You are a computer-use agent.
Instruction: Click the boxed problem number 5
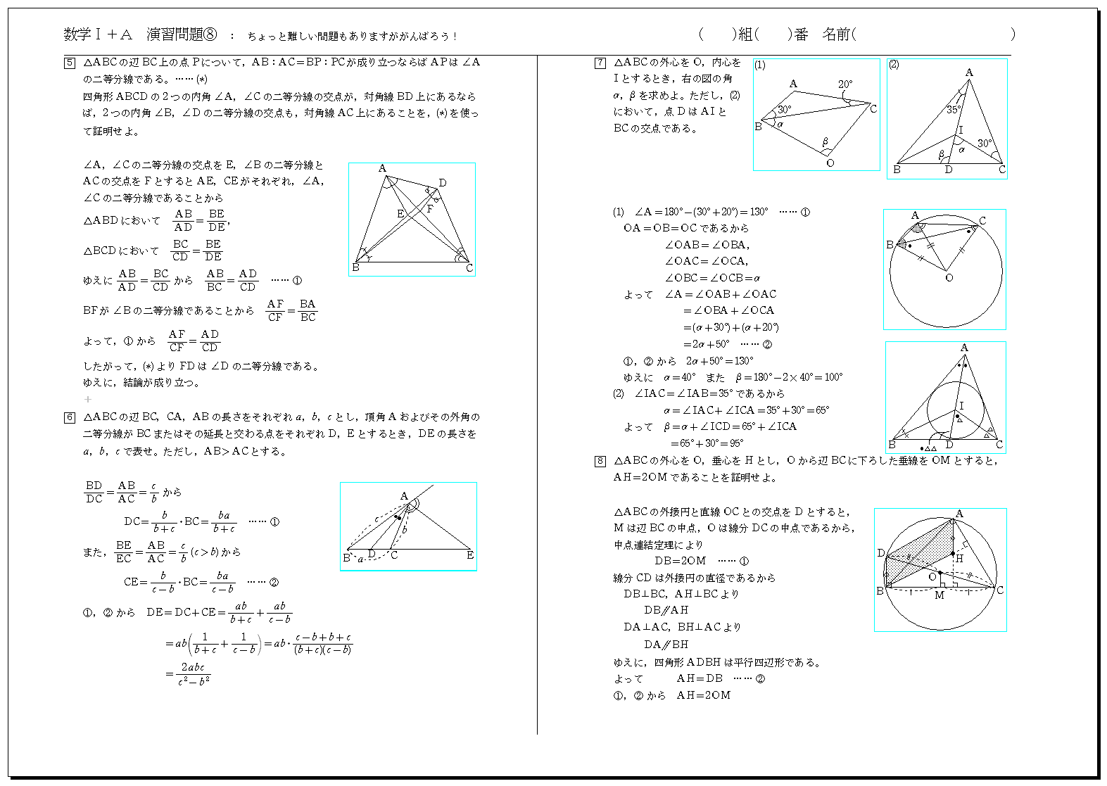tap(70, 63)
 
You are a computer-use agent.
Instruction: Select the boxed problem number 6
tap(70, 418)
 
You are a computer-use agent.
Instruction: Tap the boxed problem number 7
tap(600, 63)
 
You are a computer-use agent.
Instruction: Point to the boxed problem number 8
tap(600, 462)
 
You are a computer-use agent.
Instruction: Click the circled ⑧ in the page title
tap(210, 34)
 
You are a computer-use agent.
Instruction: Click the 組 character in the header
tap(746, 34)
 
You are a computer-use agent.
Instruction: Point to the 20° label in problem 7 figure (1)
tap(845, 84)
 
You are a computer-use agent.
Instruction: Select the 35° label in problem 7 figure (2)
tap(953, 110)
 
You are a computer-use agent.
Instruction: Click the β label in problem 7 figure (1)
tap(825, 142)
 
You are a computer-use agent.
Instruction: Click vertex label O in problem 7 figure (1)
tap(830, 163)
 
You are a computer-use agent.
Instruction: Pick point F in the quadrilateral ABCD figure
tap(429, 209)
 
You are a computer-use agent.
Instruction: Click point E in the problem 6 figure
tap(469, 555)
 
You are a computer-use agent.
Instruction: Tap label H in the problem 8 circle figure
tap(959, 559)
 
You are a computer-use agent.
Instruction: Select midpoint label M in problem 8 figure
tap(939, 595)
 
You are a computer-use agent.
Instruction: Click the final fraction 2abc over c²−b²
tap(194, 673)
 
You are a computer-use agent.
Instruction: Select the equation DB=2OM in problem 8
tap(680, 561)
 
